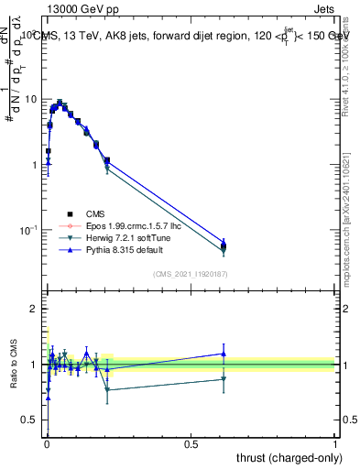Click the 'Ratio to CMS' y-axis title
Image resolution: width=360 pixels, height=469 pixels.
point(12,365)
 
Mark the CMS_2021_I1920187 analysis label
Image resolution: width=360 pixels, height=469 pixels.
point(191,273)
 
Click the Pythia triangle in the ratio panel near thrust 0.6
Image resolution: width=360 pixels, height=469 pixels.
point(224,354)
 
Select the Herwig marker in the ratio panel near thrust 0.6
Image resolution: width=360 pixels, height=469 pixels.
point(224,378)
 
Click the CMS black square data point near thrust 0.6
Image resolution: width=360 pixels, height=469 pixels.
point(224,245)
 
